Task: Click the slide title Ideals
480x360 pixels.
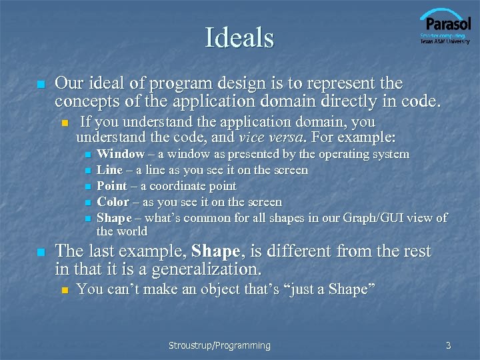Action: (239, 38)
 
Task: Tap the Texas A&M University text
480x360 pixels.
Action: (445, 41)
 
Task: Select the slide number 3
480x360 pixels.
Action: (449, 345)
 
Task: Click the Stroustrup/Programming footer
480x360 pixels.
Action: (219, 345)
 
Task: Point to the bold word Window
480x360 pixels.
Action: (121, 154)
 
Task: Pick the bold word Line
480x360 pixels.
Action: (109, 170)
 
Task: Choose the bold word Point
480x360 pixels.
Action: (112, 186)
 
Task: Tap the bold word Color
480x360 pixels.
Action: (113, 202)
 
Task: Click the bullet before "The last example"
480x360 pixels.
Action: (41, 253)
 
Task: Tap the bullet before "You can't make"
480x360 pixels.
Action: (64, 290)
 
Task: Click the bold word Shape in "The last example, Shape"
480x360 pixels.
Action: (215, 251)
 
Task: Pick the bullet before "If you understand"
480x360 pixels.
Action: (64, 123)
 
